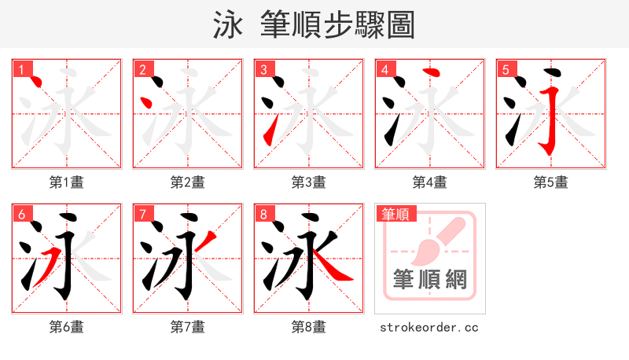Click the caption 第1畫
pos(67,182)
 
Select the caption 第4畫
pos(430,182)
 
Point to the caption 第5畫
pos(550,182)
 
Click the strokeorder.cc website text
pos(429,327)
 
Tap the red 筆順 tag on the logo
pos(396,214)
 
